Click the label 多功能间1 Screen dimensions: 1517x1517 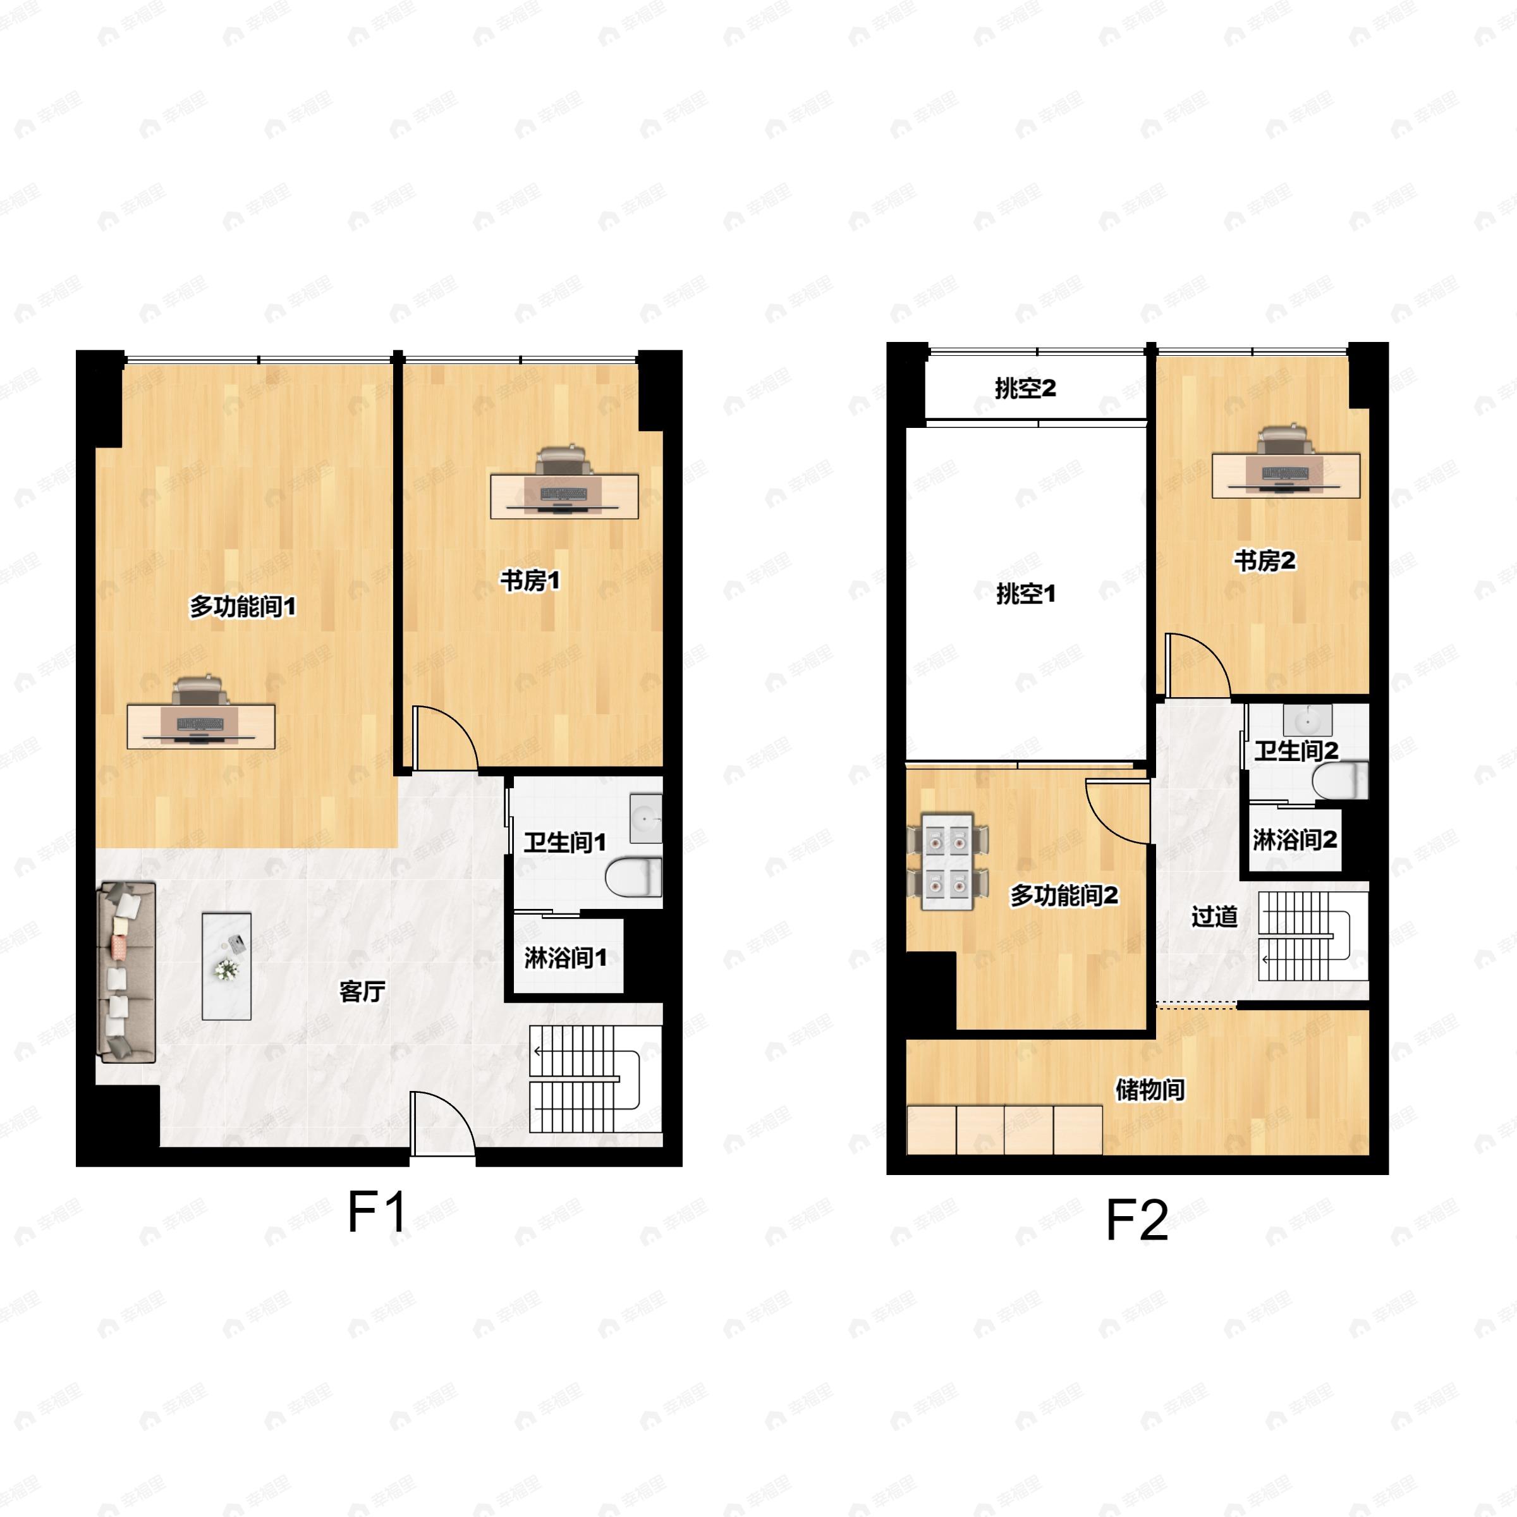243,606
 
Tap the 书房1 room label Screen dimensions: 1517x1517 530,580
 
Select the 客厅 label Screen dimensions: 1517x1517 362,991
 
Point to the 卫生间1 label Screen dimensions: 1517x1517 564,843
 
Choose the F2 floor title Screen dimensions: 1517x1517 1136,1219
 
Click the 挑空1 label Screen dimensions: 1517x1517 1025,593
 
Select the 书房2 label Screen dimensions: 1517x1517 1264,561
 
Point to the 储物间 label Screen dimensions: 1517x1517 1150,1089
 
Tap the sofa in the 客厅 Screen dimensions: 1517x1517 126,972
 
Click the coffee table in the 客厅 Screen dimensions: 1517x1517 226,966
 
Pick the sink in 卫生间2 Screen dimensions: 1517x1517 1307,719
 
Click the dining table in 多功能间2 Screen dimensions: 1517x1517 947,862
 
